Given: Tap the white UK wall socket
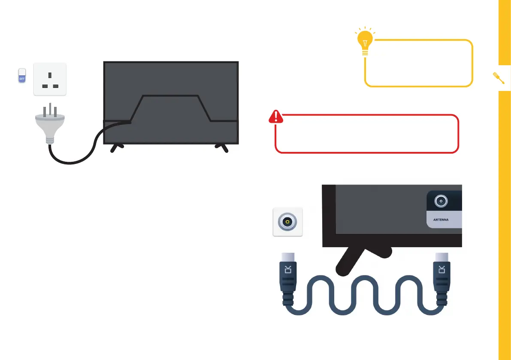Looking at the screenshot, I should pyautogui.click(x=50, y=79).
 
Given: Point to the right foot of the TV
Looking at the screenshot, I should pyautogui.click(x=222, y=148).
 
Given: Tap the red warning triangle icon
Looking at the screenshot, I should pyautogui.click(x=276, y=116).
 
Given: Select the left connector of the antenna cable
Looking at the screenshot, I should pyautogui.click(x=288, y=279).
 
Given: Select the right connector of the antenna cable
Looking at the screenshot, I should pyautogui.click(x=442, y=279).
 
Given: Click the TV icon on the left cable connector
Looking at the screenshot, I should pyautogui.click(x=288, y=269).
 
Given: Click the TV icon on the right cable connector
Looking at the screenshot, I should pyautogui.click(x=442, y=269).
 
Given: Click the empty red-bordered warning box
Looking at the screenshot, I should pyautogui.click(x=367, y=134).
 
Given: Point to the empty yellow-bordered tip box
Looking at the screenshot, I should pyautogui.click(x=419, y=64).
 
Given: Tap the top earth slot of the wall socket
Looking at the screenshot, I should pyautogui.click(x=50, y=75).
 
